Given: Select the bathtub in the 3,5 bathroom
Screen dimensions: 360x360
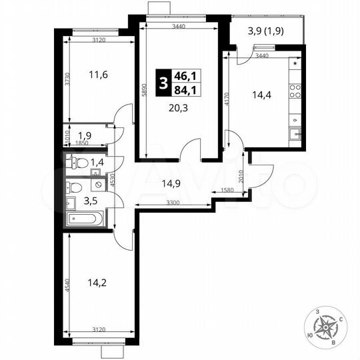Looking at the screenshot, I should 84,218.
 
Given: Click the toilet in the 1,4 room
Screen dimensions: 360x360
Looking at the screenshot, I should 78,161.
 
